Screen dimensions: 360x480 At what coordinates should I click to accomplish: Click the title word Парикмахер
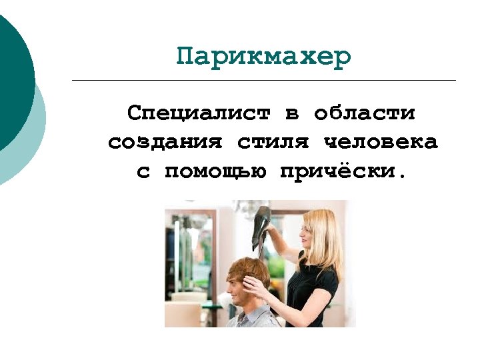pyautogui.click(x=263, y=57)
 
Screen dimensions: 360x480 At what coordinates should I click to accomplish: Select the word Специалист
pyautogui.click(x=199, y=113)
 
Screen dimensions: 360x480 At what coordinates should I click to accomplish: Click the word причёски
pyautogui.click(x=343, y=171)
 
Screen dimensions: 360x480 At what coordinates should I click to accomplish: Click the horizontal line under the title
pyautogui.click(x=263, y=81)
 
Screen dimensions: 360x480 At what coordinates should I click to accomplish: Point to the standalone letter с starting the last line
pyautogui.click(x=143, y=172)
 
